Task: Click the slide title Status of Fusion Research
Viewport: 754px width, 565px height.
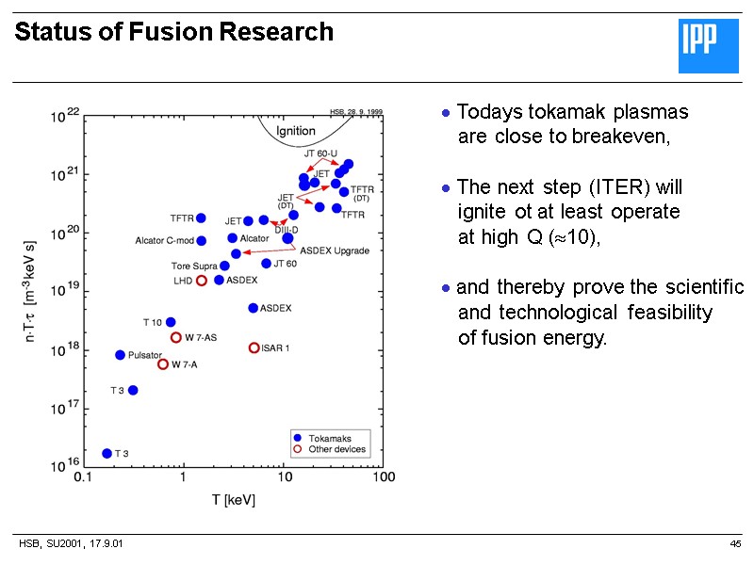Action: coord(174,33)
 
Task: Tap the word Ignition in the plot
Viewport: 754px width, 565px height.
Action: coord(295,130)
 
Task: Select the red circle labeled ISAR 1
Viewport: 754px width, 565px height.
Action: coord(254,347)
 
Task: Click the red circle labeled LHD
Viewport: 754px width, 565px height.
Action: coord(202,281)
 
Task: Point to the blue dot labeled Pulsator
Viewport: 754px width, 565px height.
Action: coord(120,355)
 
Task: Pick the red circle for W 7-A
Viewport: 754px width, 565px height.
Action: coord(163,364)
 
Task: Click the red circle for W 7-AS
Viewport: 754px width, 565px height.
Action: coord(176,337)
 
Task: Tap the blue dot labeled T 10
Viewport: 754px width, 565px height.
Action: coord(171,322)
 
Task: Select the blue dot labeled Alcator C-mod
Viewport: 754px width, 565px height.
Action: coord(201,240)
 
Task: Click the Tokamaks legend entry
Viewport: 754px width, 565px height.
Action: coord(329,438)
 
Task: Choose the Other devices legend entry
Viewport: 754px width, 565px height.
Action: coord(336,449)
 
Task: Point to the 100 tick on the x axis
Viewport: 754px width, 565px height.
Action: coord(383,477)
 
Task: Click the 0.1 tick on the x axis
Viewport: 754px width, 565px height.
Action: coord(84,477)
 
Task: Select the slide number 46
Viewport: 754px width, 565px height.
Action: coord(735,544)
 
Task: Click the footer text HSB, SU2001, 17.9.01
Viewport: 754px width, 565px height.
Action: coord(71,544)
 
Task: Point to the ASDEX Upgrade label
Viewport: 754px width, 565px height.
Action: coord(335,250)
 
